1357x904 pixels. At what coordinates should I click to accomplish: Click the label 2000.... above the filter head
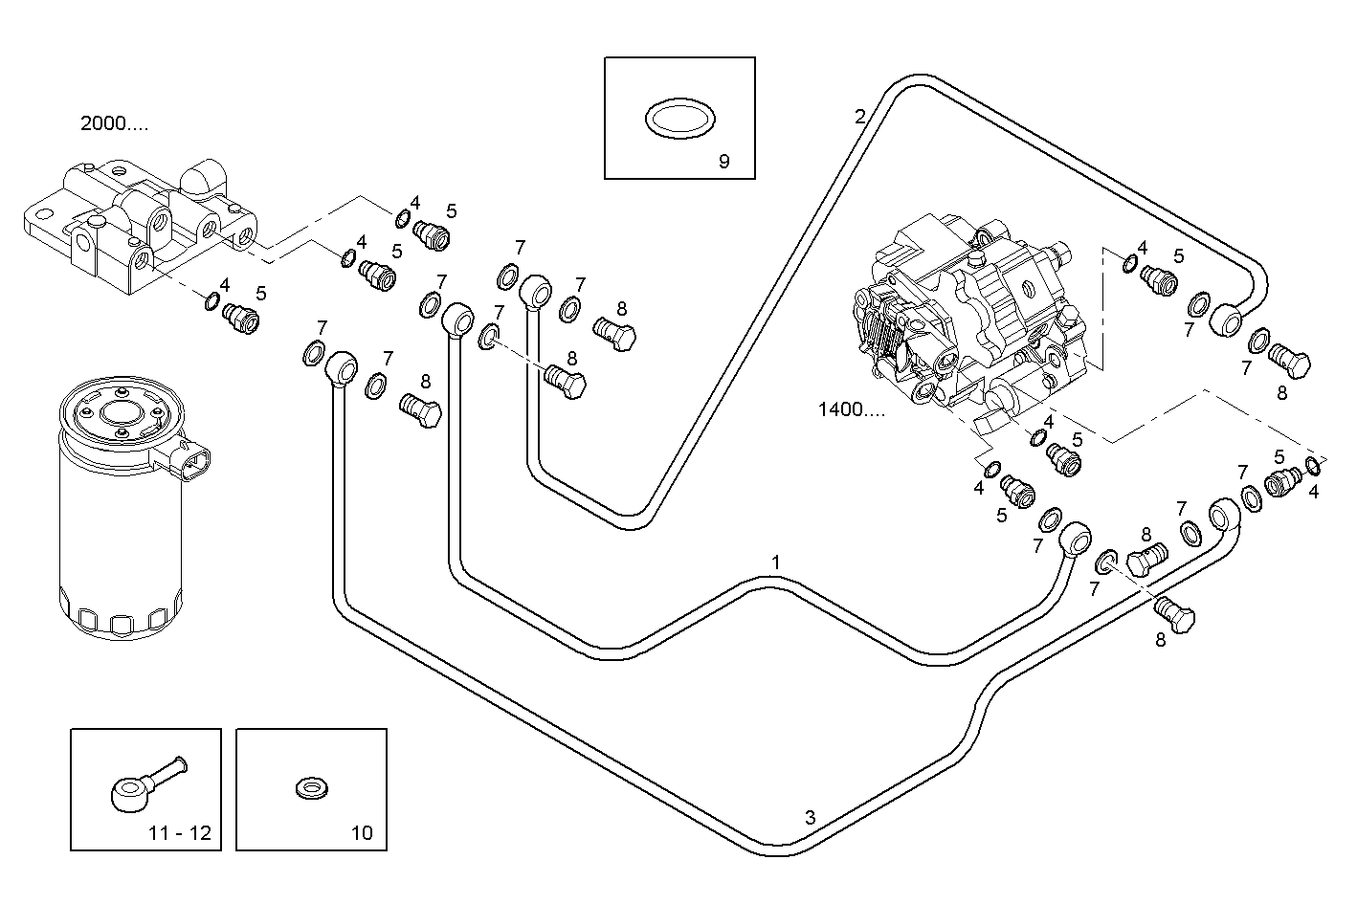pos(114,123)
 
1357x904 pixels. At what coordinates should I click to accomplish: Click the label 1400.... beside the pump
pos(851,410)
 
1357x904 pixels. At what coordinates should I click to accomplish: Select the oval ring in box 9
pos(678,119)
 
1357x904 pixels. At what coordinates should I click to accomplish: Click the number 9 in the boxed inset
pos(723,162)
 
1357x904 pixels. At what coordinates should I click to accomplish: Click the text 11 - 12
pos(179,833)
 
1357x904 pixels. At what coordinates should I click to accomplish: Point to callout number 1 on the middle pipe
pos(776,562)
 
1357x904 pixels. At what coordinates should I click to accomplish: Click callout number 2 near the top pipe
pos(859,118)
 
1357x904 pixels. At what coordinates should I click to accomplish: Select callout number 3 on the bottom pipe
pos(810,818)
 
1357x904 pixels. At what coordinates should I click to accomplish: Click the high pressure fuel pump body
pos(967,306)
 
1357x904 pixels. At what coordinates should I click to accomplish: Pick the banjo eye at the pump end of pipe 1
pos(1076,537)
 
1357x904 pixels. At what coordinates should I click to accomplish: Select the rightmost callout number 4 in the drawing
pos(1313,493)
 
